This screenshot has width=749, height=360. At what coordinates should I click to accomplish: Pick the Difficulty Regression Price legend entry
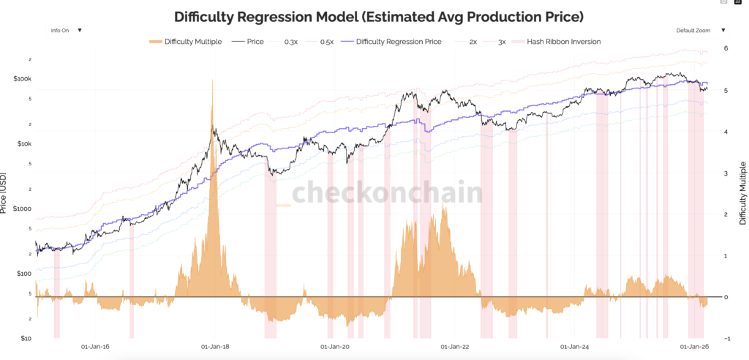point(398,42)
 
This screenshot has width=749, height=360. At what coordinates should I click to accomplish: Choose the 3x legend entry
point(501,42)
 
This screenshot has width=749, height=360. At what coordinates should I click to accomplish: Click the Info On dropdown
point(66,31)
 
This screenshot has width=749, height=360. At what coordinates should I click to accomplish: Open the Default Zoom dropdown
point(700,31)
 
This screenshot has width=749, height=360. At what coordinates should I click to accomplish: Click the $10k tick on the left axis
point(23,143)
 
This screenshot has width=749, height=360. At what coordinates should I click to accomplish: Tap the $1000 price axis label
point(23,209)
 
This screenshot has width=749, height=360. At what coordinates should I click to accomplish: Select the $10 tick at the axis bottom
point(26,338)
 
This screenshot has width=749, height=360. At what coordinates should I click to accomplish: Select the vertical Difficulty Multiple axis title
point(742,192)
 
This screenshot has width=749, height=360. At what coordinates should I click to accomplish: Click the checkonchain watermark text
point(388,193)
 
